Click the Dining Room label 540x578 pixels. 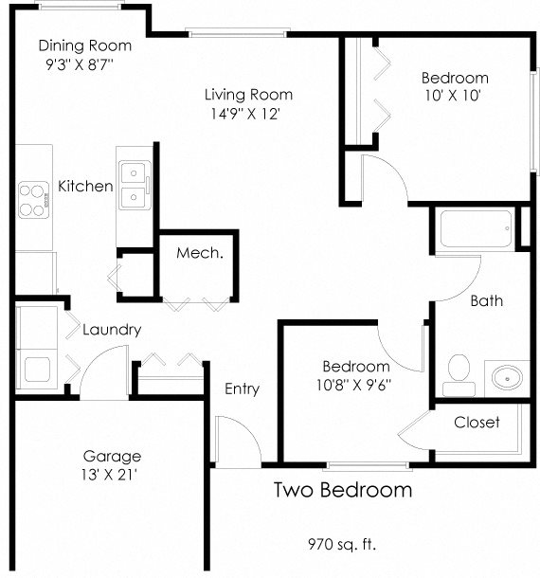coord(85,45)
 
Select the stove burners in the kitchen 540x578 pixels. coord(33,198)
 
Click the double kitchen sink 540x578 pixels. coord(134,186)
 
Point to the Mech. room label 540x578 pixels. coord(199,253)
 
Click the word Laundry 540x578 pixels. coord(112,330)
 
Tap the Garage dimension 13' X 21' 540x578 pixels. coord(111,475)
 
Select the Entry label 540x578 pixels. coord(242,388)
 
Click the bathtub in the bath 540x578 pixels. coord(474,228)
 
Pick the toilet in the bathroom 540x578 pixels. coord(459,372)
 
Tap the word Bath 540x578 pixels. coord(487,301)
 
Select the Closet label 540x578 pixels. coord(477,422)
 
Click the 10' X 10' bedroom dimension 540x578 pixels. coord(455,96)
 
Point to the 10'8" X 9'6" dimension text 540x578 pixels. coord(356,385)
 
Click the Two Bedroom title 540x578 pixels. coord(343,490)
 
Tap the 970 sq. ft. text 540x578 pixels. coord(342,544)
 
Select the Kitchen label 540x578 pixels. coord(85,187)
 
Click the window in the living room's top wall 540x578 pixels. coord(238,35)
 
